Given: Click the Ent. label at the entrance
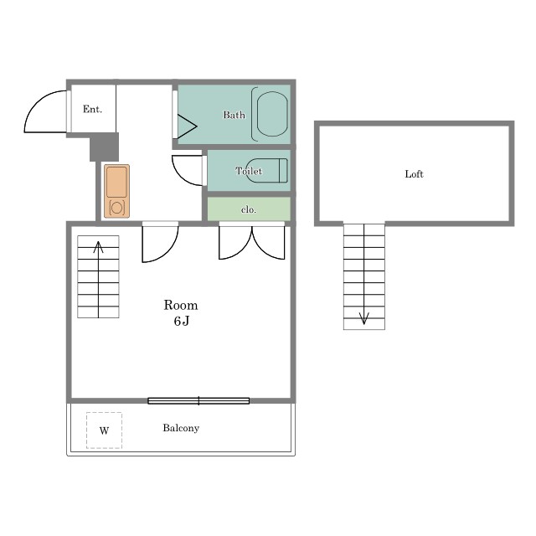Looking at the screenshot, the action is [x=92, y=109].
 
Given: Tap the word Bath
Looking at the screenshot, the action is [x=234, y=115].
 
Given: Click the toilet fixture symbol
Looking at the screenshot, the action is [x=266, y=170].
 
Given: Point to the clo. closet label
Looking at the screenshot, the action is [x=249, y=209].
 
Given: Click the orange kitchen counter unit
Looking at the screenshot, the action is [x=117, y=191].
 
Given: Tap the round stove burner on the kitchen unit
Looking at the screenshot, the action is [x=116, y=208].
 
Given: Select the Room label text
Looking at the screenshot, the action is [x=181, y=305].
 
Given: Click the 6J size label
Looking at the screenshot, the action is [x=181, y=321].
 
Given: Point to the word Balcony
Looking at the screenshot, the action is [x=181, y=428].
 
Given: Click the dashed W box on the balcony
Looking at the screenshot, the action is [x=104, y=430].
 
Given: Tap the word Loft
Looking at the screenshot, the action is [x=414, y=174].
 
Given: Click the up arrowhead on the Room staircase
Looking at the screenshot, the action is [x=99, y=247].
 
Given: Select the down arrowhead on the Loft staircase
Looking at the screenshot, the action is [x=364, y=318].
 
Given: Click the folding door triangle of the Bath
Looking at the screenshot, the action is [x=187, y=126].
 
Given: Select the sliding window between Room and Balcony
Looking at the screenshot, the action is [x=198, y=400].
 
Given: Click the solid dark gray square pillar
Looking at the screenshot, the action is [x=104, y=147].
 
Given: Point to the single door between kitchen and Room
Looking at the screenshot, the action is [x=160, y=242].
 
